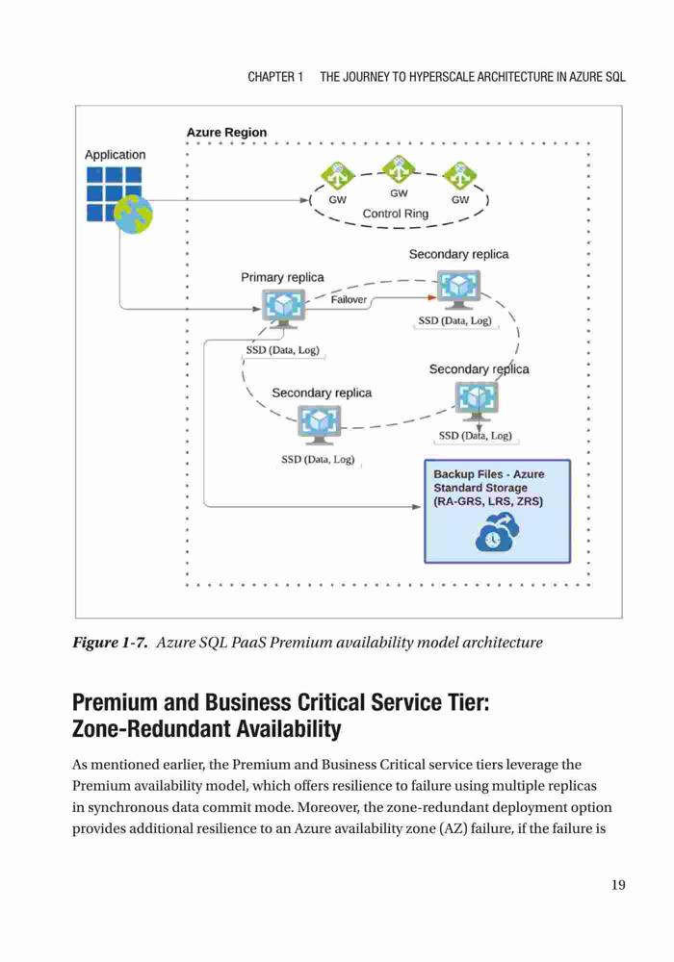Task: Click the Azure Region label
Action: coord(226,133)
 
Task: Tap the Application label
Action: coord(116,155)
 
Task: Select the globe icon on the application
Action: coord(133,215)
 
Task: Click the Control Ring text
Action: coord(396,214)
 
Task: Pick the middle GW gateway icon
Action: coord(399,170)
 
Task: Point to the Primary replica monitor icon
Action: coord(283,308)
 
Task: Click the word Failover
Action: coord(349,299)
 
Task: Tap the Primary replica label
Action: coord(282,277)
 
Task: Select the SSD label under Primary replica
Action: coord(282,350)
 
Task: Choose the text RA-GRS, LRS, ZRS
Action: coord(488,501)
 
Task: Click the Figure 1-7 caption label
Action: coord(110,643)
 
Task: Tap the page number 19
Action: coord(618,884)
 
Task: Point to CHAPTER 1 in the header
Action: coord(275,77)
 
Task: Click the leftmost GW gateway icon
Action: coord(338,177)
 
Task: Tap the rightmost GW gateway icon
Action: coord(460,177)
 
